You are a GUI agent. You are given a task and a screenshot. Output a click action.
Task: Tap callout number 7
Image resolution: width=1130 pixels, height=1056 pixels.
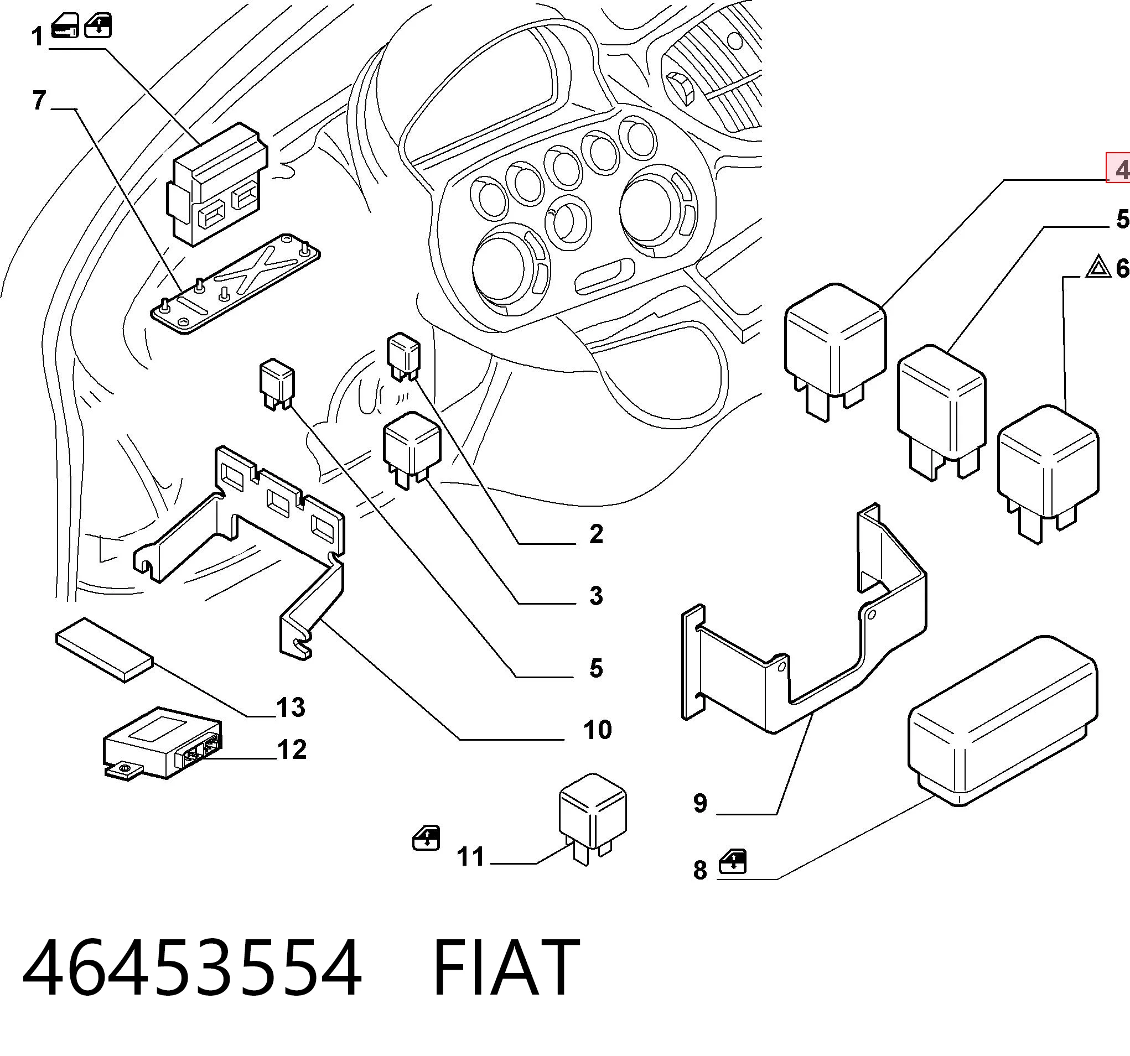click(39, 101)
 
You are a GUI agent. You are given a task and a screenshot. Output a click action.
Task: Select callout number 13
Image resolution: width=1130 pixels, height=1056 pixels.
click(291, 708)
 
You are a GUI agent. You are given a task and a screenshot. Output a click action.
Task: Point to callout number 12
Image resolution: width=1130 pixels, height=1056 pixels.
click(292, 750)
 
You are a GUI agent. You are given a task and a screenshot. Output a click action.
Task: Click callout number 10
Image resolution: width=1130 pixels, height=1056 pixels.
click(597, 730)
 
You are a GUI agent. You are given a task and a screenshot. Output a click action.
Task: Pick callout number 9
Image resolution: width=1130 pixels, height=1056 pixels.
click(700, 803)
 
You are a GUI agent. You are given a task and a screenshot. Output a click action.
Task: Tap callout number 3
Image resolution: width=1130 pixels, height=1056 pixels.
click(595, 596)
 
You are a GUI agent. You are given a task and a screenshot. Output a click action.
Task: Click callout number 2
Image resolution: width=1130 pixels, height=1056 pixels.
click(595, 534)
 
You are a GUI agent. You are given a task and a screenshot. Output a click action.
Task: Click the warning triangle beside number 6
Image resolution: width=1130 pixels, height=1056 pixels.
click(1097, 282)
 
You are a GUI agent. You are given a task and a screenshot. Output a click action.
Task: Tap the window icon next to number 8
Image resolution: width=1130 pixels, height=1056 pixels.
click(733, 862)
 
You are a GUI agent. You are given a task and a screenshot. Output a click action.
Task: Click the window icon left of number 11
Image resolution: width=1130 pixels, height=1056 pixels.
click(426, 839)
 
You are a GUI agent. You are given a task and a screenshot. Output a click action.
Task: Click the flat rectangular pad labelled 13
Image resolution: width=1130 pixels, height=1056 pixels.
click(105, 649)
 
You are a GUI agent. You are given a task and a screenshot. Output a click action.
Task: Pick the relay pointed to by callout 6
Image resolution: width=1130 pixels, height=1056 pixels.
click(1048, 474)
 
